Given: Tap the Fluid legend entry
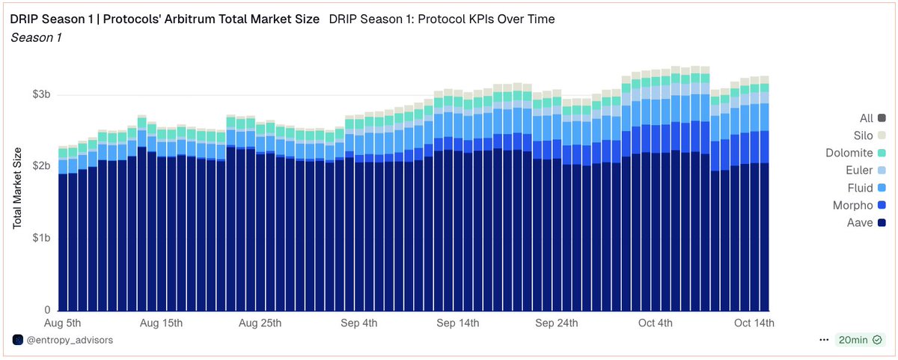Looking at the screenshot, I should pos(868,187).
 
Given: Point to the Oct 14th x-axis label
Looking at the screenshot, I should pos(753,323).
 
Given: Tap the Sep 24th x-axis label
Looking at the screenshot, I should pos(556,323).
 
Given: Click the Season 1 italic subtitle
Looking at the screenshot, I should pos(36,37).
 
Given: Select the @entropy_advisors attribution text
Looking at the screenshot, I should pos(70,340).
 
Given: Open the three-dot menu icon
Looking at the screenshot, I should pos(824,340).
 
